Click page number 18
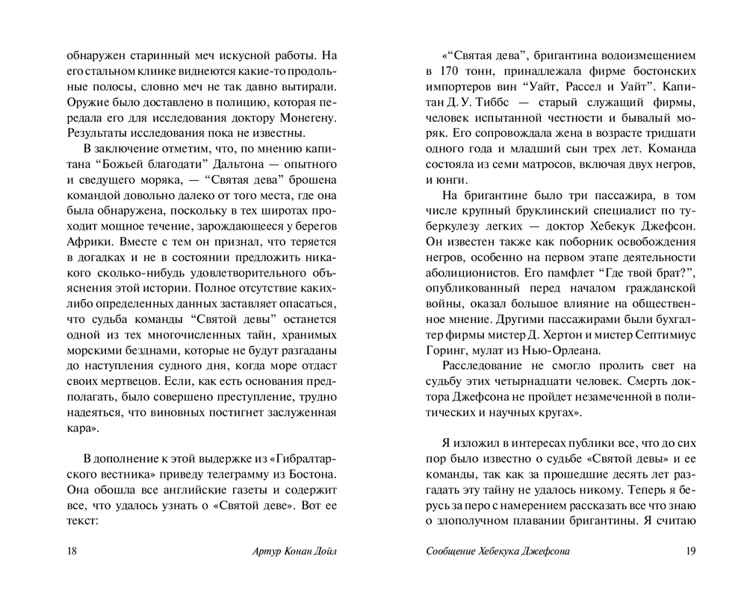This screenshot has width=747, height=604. coord(72,553)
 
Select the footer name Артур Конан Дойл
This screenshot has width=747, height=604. coord(297,553)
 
